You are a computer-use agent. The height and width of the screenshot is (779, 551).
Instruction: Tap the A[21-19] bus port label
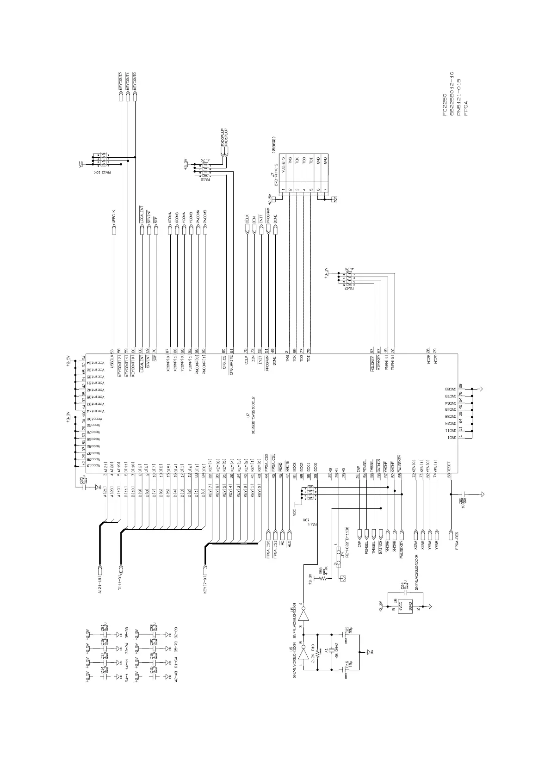pos(99,583)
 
